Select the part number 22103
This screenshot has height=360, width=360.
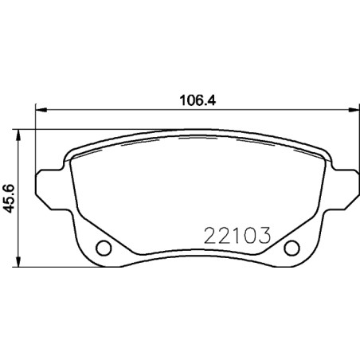[238, 237]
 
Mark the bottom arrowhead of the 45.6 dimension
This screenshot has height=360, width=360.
[21, 264]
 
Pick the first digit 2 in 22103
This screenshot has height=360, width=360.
[212, 237]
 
